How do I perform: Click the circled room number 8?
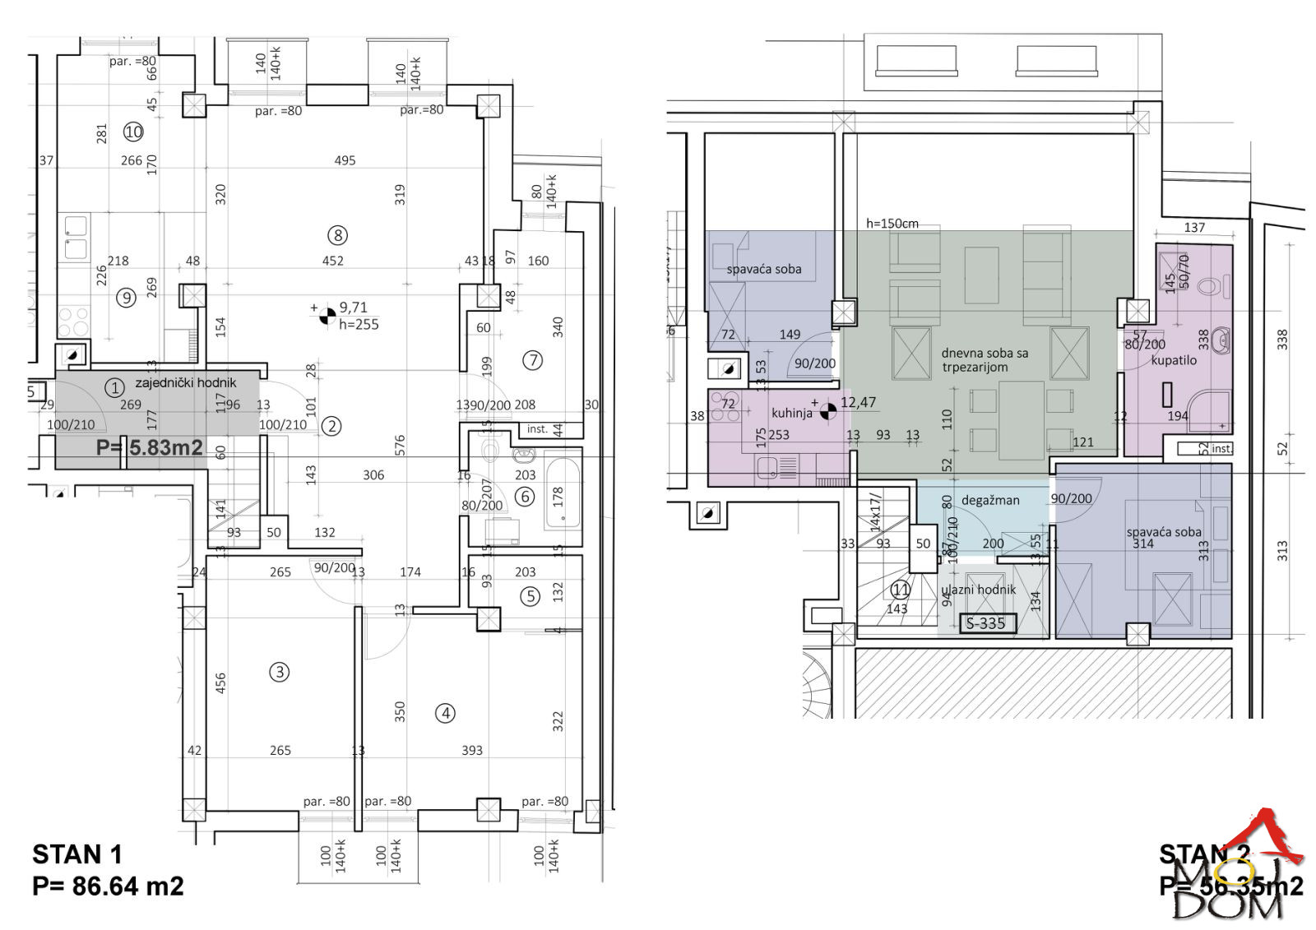(337, 236)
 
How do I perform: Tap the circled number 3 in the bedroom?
(280, 673)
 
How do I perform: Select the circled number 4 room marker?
(445, 713)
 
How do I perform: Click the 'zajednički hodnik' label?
(185, 382)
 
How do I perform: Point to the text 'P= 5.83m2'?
(150, 447)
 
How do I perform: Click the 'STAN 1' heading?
(76, 855)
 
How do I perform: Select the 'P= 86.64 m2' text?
(108, 886)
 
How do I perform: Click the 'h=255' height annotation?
(359, 325)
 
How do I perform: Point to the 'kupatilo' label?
(1174, 360)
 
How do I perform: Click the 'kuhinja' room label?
(791, 413)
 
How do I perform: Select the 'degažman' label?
(990, 500)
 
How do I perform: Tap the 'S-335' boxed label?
(986, 623)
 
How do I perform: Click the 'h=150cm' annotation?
(892, 224)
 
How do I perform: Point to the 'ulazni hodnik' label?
(979, 590)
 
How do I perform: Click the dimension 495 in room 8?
(345, 160)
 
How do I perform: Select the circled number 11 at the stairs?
(901, 590)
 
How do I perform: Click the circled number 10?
(133, 131)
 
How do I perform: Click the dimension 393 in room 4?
(472, 750)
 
